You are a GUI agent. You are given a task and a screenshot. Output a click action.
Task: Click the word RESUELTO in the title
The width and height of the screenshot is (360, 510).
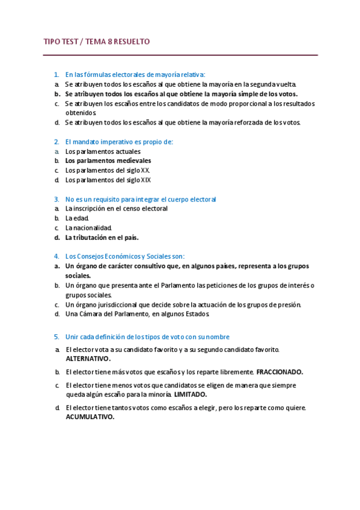click(130, 41)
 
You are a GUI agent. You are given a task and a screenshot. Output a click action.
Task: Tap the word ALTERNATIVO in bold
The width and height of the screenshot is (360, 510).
click(88, 358)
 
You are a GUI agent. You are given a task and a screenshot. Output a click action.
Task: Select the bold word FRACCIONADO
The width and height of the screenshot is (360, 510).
click(279, 372)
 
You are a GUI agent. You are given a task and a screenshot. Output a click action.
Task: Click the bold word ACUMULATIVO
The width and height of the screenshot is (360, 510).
click(90, 417)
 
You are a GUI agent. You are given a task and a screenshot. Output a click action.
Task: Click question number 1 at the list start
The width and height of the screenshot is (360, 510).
click(56, 75)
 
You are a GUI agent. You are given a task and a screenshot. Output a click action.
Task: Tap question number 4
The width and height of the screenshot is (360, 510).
click(56, 256)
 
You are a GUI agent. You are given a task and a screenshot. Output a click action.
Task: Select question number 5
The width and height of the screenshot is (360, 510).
click(56, 337)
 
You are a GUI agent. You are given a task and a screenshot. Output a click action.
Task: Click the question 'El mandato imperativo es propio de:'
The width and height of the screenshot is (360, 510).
click(119, 142)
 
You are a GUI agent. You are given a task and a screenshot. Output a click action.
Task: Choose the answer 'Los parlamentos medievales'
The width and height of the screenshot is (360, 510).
click(108, 161)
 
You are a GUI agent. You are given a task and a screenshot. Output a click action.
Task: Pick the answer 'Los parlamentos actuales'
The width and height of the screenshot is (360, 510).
click(103, 152)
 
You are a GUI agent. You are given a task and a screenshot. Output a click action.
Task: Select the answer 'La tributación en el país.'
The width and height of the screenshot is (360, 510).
click(106, 238)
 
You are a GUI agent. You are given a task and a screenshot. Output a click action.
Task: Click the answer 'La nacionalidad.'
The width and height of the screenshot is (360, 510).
click(89, 228)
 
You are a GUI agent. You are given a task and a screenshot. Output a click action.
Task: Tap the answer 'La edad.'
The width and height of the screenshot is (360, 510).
click(78, 218)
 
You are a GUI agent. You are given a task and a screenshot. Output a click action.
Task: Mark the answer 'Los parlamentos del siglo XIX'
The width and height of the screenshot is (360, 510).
click(108, 180)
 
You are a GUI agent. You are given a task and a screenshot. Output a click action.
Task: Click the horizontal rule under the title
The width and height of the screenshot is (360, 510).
click(180, 55)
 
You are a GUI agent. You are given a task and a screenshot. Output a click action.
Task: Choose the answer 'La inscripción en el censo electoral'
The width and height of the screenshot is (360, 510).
click(117, 209)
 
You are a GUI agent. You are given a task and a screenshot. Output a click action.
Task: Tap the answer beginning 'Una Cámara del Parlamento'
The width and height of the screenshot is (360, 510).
click(138, 314)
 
